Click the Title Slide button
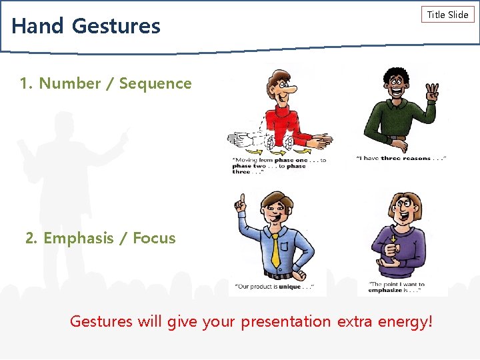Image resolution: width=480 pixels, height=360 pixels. [447, 15]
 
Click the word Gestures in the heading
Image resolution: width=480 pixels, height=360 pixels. [116, 26]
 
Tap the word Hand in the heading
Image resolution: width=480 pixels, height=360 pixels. [37, 26]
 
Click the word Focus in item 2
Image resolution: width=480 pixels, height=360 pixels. [154, 238]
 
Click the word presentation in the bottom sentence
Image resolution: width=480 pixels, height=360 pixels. [285, 321]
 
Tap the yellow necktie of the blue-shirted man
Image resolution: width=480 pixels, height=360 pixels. [275, 250]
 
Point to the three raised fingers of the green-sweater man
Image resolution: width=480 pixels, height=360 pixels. [433, 91]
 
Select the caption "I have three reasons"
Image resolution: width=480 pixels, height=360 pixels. [401, 159]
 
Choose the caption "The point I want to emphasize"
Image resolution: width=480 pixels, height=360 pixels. [396, 287]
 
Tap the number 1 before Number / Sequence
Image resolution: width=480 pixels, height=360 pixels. [25, 83]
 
